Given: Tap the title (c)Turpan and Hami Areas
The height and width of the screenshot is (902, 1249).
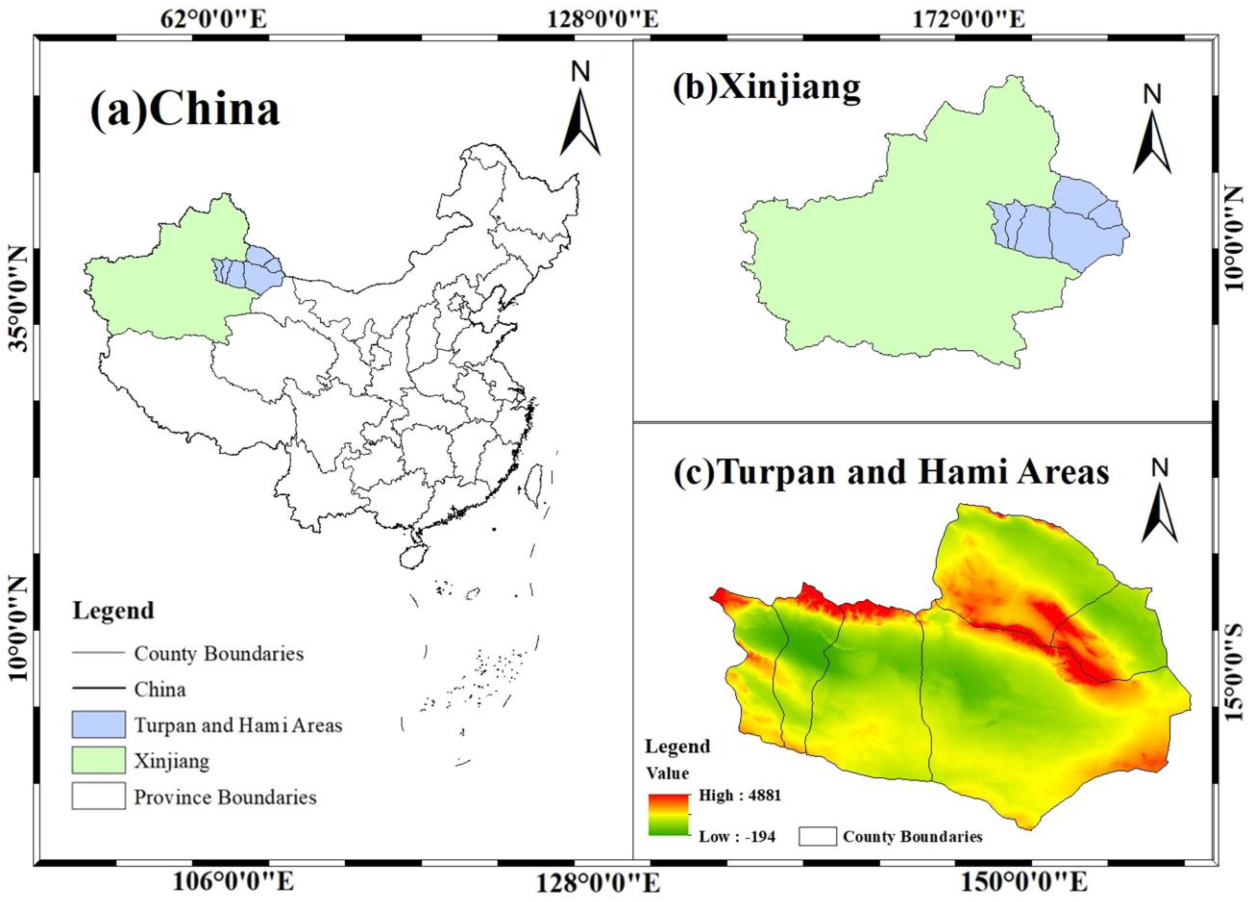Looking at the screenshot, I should (x=891, y=472).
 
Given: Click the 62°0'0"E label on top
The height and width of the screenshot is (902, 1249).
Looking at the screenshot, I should (x=214, y=19).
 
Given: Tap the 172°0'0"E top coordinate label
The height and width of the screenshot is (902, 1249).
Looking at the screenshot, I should (x=970, y=19).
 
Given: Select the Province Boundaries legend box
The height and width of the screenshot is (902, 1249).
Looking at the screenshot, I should (x=99, y=796).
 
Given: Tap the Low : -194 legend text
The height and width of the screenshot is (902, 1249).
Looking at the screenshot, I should (x=737, y=836).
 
